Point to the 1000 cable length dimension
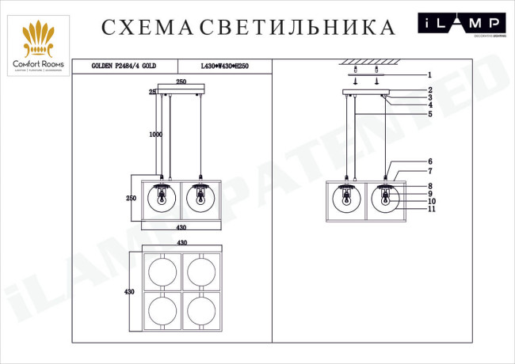[x=155, y=135]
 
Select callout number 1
[x=429, y=74]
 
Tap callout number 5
[x=429, y=114]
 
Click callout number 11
[x=429, y=209]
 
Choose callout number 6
[x=429, y=161]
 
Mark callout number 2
[x=429, y=90]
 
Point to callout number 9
[x=429, y=194]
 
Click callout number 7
[x=429, y=170]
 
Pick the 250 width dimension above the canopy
[x=181, y=82]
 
